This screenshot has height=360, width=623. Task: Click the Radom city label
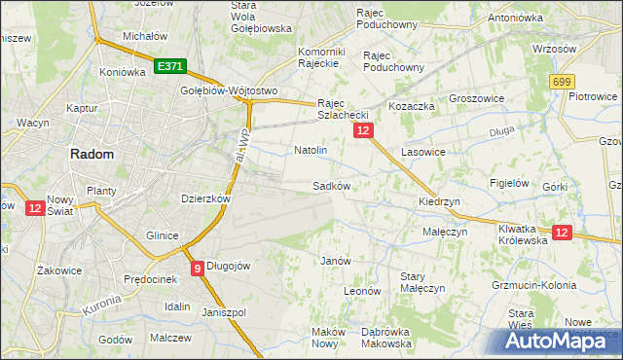point(91,154)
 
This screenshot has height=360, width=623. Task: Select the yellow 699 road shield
point(561,84)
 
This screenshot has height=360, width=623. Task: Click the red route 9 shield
point(198,268)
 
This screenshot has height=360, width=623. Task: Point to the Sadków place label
point(331,185)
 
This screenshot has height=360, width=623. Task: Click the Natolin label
point(311,151)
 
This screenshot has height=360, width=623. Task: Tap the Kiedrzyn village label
point(439,201)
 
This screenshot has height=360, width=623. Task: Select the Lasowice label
point(422,153)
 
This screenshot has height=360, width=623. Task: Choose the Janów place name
point(335,261)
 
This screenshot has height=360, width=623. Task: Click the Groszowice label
point(476,98)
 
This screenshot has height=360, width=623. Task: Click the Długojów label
point(230,266)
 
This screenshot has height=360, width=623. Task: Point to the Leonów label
point(361,290)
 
